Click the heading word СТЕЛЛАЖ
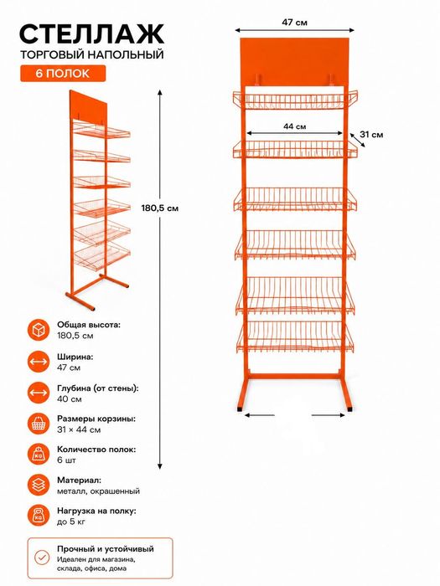[91, 34]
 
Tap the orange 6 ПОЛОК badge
[63, 74]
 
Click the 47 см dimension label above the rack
[294, 23]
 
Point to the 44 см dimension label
[294, 126]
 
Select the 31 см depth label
[371, 135]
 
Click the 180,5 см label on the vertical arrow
[160, 208]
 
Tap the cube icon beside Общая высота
[39, 330]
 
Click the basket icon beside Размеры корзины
[39, 424]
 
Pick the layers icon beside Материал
[39, 485]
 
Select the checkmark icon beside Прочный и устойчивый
[42, 558]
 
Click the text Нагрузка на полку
[96, 511]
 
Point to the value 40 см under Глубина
[70, 399]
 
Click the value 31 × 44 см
[79, 429]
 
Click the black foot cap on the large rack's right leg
[349, 409]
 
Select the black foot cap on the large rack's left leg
[240, 409]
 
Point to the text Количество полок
[96, 450]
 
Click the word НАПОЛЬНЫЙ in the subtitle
[126, 55]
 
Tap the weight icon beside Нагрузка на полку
[39, 516]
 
